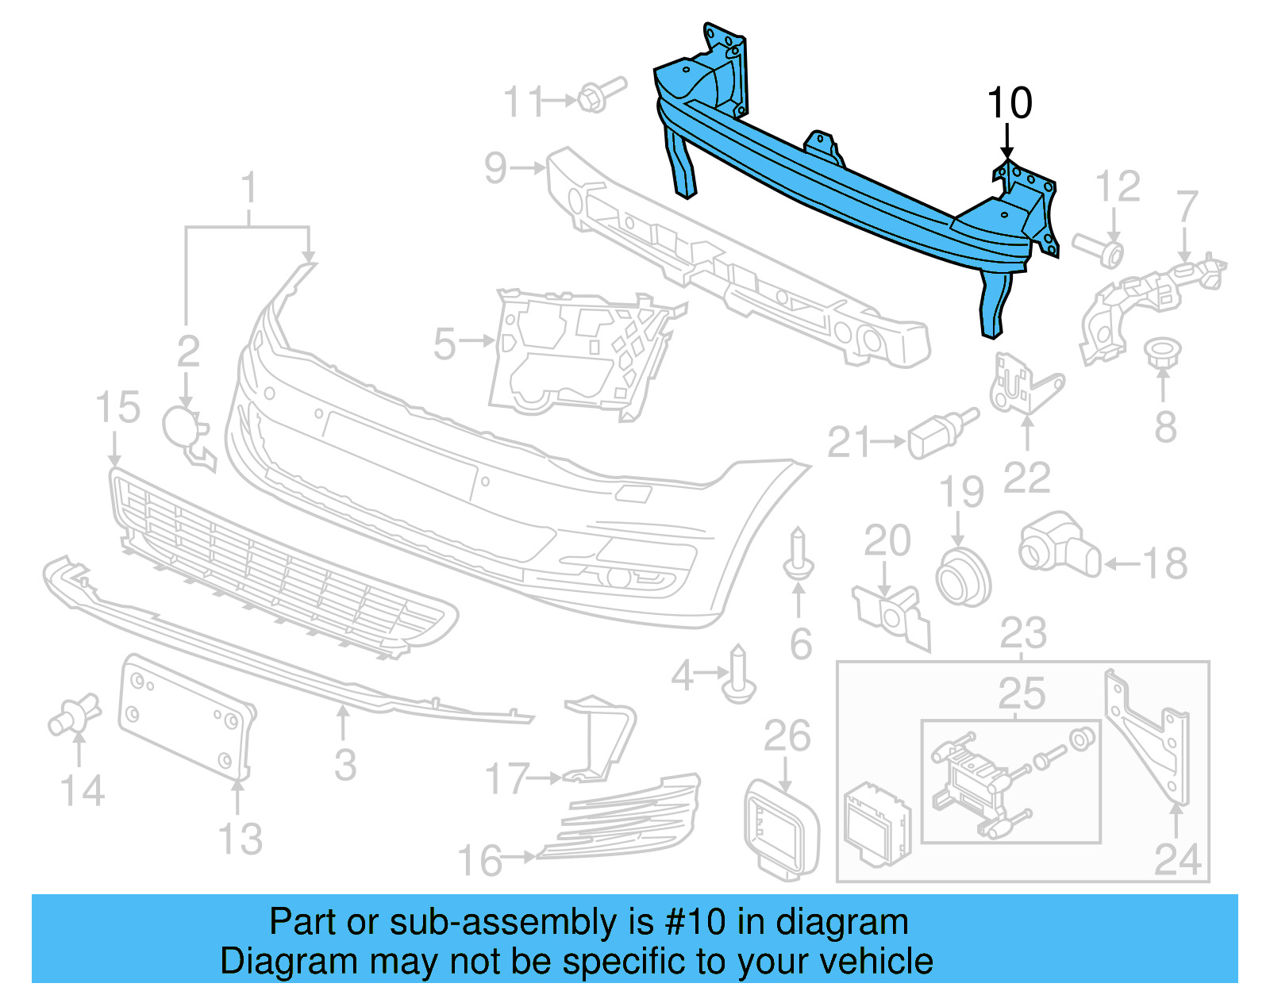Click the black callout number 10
pos(1009,104)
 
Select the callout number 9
pos(496,168)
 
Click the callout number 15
pos(117,408)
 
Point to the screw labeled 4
pos(739,676)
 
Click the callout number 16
pos(480,861)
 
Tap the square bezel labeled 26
pos(781,829)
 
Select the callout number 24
pos(1177,859)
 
